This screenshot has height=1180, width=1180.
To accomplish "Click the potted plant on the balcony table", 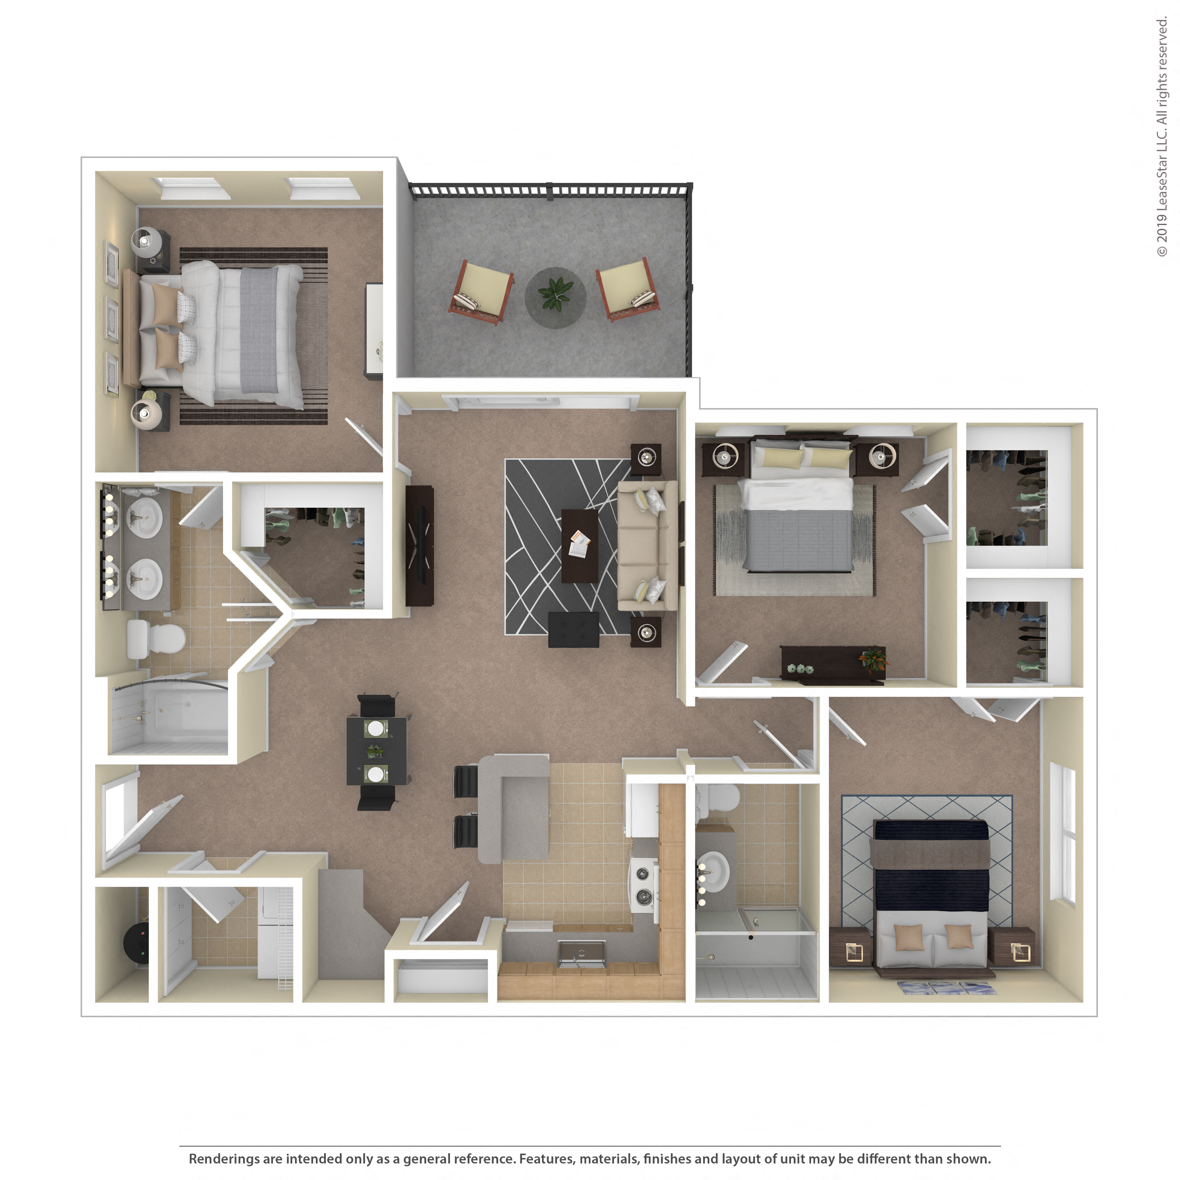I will (555, 293).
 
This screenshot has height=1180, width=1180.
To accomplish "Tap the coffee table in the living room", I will (579, 546).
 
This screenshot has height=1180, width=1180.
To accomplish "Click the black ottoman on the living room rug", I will (573, 629).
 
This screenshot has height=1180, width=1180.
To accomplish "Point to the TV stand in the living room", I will (420, 546).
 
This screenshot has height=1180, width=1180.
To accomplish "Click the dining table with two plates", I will (376, 751).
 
